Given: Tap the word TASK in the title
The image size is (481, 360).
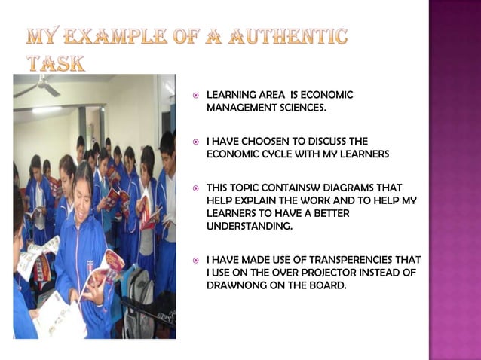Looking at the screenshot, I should (55, 63).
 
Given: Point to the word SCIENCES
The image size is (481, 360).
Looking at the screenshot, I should (302, 108).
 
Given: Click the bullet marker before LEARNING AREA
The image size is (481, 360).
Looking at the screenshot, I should (195, 96).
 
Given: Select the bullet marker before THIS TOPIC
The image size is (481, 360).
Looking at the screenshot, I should (195, 187).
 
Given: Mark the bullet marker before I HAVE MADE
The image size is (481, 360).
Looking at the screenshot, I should (195, 260).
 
